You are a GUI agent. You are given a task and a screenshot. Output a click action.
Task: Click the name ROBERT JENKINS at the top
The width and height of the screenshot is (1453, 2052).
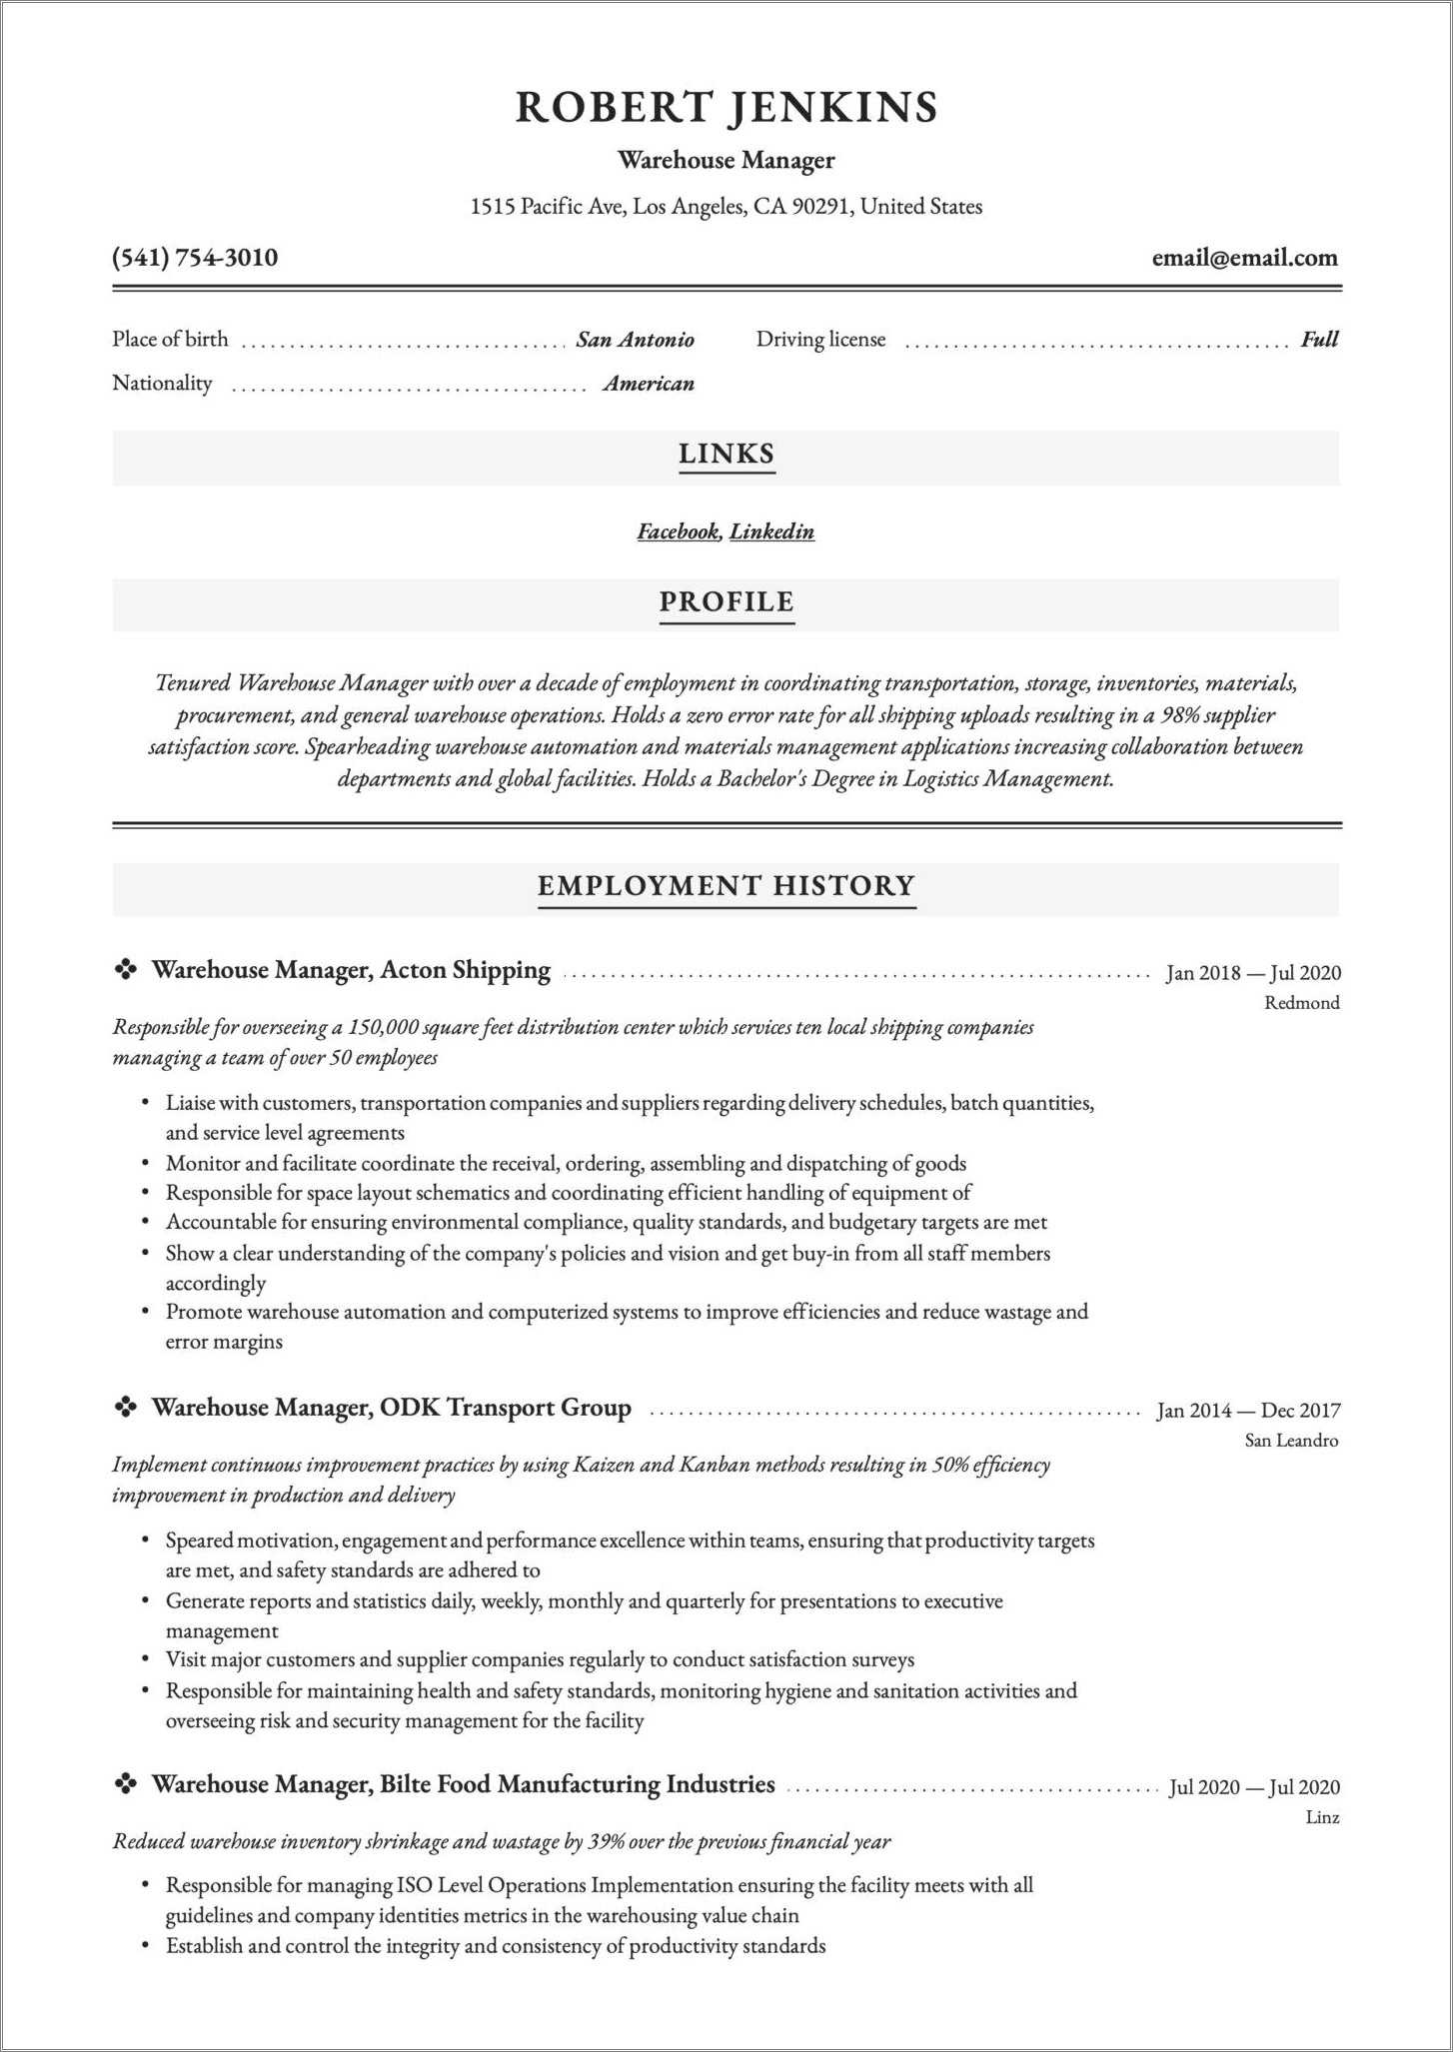[726, 108]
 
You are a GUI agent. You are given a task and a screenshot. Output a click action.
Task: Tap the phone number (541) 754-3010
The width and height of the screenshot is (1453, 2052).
[195, 258]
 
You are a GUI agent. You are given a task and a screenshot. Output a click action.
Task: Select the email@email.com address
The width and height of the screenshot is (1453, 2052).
[1244, 258]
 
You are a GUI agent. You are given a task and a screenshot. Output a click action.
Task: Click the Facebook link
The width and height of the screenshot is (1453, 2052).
[678, 531]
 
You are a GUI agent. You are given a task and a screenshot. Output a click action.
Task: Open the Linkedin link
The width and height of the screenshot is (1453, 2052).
[771, 531]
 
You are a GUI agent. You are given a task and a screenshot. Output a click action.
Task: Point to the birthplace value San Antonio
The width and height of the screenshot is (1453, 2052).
[635, 340]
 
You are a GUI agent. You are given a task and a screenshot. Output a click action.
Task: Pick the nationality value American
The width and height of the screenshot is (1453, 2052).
[649, 384]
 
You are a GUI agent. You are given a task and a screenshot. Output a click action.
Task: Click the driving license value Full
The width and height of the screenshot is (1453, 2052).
[1319, 340]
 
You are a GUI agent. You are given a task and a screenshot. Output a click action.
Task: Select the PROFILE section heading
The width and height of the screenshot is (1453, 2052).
[726, 602]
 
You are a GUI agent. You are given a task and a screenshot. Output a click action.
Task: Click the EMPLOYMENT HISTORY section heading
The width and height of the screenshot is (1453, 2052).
[726, 886]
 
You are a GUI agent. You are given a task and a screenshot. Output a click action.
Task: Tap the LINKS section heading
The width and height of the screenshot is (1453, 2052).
[726, 455]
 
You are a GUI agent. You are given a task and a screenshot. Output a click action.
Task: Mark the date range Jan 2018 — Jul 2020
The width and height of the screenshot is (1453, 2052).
[1253, 973]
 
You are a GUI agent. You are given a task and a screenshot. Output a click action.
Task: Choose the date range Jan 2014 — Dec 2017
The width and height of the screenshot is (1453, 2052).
[1248, 1411]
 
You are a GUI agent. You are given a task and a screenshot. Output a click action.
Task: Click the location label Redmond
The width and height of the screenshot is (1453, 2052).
[1302, 1003]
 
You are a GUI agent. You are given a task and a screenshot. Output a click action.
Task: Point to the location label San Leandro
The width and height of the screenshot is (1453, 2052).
[1291, 1441]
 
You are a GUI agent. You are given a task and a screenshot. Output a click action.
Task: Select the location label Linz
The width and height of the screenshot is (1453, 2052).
[1322, 1817]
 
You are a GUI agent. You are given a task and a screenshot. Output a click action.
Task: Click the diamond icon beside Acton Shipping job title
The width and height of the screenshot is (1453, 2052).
[126, 969]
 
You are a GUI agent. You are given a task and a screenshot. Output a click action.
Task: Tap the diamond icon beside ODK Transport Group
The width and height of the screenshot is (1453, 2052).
[126, 1408]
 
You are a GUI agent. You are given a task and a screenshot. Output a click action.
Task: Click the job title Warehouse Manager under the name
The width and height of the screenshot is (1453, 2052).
[726, 161]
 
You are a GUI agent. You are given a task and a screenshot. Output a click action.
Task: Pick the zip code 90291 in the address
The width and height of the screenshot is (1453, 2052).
[820, 207]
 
